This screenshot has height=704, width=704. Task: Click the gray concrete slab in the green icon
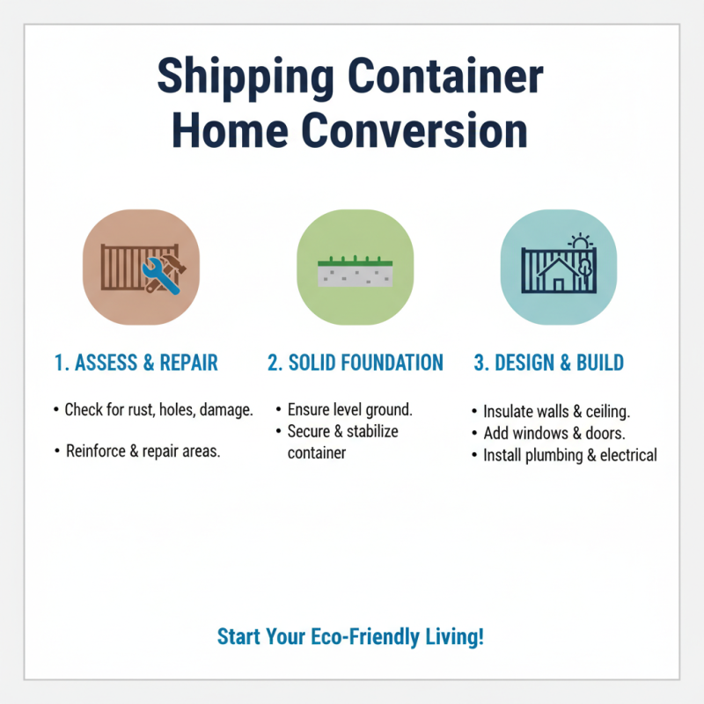click(x=355, y=275)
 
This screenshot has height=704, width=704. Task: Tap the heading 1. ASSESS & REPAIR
click(x=136, y=363)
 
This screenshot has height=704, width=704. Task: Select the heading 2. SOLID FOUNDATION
click(x=355, y=363)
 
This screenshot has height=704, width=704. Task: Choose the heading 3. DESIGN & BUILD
click(x=549, y=363)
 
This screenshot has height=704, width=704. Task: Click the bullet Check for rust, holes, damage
click(x=158, y=410)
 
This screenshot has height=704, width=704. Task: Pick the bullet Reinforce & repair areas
click(x=143, y=451)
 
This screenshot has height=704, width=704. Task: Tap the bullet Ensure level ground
click(x=349, y=410)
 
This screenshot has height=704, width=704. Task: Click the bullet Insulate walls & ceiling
click(x=555, y=411)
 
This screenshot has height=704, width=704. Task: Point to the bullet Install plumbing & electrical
click(x=569, y=455)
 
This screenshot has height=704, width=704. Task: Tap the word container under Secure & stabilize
click(x=317, y=453)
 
